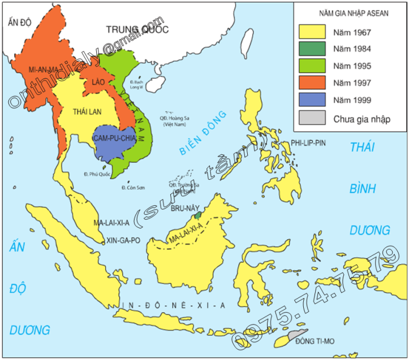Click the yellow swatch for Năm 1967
tap(312, 31)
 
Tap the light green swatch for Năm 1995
tap(312, 66)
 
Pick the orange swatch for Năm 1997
tap(312, 83)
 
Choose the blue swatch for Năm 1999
tap(312, 100)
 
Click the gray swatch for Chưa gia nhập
tap(312, 118)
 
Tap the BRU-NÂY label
tap(184, 207)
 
